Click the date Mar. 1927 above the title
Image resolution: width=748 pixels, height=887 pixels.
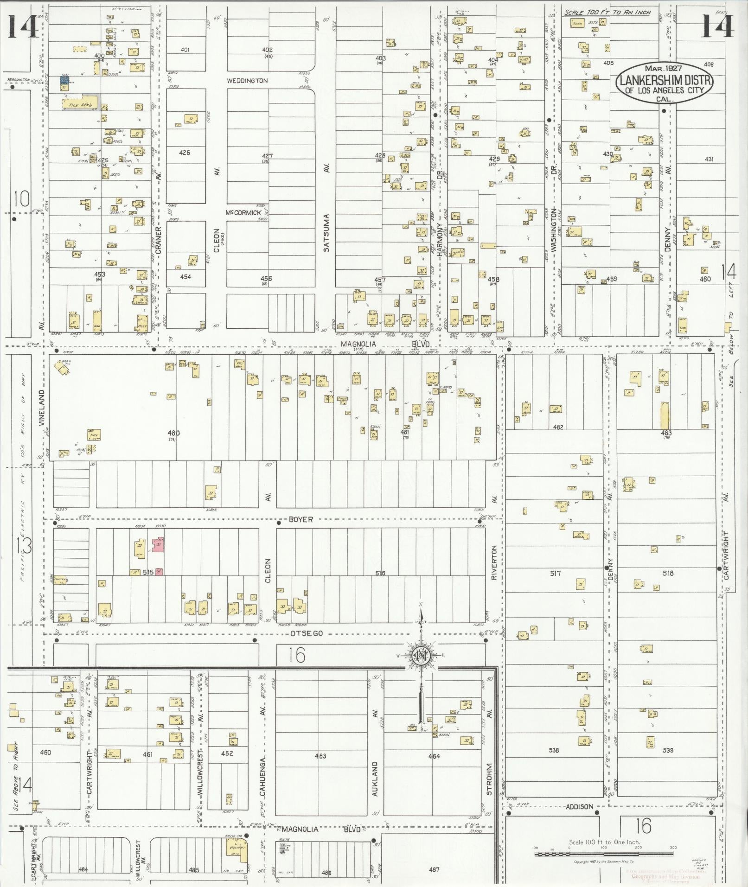tap(665, 68)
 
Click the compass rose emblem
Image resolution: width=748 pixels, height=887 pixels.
tap(420, 656)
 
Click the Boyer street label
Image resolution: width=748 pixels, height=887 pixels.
tap(300, 519)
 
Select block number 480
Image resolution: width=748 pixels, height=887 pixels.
tap(174, 433)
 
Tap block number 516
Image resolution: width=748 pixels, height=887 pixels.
tap(380, 573)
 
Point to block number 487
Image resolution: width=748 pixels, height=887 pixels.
tap(434, 869)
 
